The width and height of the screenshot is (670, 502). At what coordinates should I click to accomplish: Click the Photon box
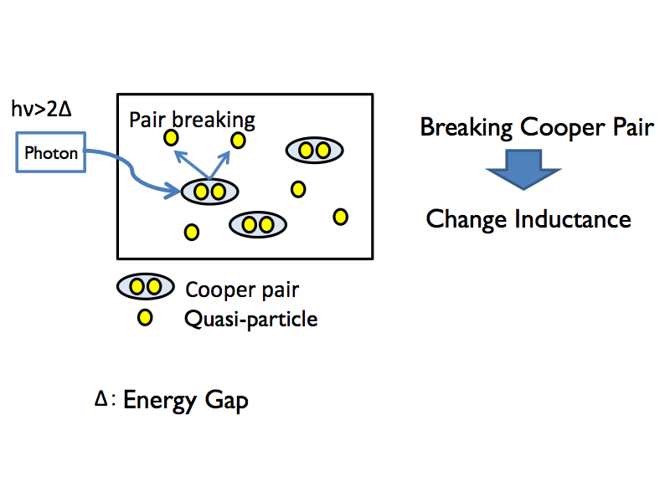tap(51, 153)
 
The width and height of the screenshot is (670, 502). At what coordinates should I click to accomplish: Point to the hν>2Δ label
tap(39, 109)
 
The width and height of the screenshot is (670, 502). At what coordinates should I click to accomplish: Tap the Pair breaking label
tap(192, 119)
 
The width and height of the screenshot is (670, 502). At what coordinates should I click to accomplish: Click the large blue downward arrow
tap(523, 172)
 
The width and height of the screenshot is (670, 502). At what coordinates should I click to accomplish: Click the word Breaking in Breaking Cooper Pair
tap(466, 128)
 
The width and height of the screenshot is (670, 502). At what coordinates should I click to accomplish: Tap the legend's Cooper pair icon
tap(145, 288)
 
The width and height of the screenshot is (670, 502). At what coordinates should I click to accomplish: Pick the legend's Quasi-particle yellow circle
tap(145, 318)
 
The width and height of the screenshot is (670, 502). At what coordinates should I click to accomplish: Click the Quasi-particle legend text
tap(251, 319)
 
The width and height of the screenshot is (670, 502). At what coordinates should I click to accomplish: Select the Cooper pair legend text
tap(242, 290)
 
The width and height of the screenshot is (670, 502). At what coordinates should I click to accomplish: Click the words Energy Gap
tap(186, 401)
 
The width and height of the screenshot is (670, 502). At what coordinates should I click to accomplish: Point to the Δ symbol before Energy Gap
tap(100, 400)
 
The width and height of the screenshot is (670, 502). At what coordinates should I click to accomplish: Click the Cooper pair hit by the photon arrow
tap(209, 192)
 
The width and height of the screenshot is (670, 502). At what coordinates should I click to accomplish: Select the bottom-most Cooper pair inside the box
tap(258, 224)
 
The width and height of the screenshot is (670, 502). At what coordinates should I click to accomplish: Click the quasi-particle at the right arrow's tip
tap(238, 140)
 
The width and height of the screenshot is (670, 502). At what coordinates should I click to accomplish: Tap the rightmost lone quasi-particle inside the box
tap(340, 217)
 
